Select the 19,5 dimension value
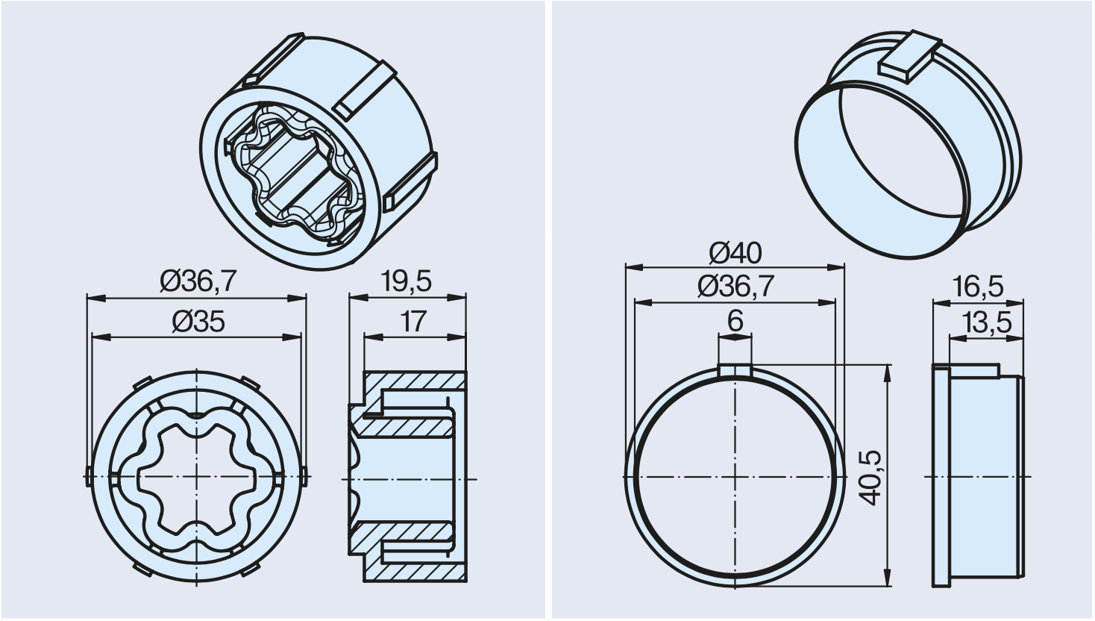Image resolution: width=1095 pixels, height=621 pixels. [406, 281]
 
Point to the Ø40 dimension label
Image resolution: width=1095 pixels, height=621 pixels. [735, 253]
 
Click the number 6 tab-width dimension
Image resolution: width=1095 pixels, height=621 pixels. [735, 322]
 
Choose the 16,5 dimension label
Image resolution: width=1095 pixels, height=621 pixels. [978, 287]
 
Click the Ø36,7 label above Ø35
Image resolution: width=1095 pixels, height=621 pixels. [198, 281]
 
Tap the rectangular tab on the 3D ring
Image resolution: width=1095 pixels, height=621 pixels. [907, 61]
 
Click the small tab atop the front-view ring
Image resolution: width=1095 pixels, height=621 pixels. [735, 370]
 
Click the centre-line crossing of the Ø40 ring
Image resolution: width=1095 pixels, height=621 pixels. [735, 476]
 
